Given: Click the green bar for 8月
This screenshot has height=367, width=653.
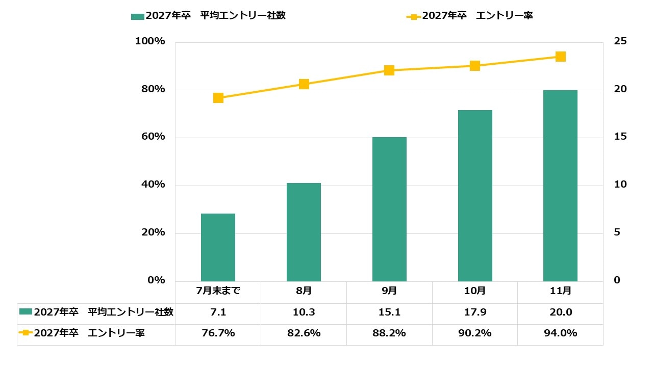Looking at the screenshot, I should point(304,232).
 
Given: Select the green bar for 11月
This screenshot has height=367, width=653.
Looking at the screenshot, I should point(560,186).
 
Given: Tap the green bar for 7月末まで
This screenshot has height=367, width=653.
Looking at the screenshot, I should point(218,247).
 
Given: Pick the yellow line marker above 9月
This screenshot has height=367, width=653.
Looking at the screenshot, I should point(389,70).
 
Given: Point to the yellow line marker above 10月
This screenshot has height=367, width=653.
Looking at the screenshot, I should point(475,66).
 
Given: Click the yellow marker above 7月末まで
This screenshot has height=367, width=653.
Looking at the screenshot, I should point(218,98).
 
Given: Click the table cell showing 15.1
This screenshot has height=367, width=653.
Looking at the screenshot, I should point(389,312).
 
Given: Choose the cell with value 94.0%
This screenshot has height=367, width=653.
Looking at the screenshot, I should point(560,333).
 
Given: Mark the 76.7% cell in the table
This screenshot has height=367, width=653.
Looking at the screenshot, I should point(218,333).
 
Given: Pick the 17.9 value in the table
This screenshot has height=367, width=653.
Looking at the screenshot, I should point(475,312).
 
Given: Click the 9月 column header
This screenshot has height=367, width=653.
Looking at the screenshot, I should point(389,291).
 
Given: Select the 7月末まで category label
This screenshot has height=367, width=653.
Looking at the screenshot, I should point(218,291).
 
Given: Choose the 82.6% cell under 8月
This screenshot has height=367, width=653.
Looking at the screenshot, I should point(304,333).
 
